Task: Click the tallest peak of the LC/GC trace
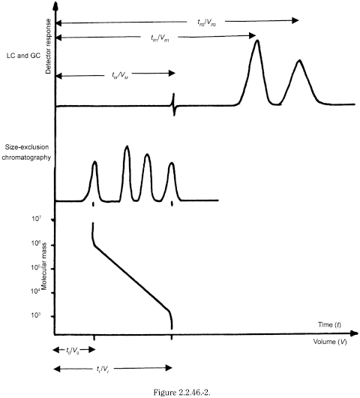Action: [x=258, y=42]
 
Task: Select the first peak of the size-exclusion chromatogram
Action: [x=94, y=164]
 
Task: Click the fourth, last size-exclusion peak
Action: [x=172, y=164]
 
